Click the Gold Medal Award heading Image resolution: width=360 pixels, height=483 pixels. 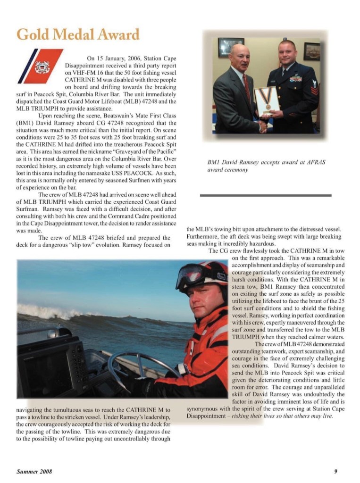click(78, 34)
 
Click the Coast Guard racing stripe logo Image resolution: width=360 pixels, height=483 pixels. click(40, 66)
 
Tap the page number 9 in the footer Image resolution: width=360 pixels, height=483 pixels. click(335, 471)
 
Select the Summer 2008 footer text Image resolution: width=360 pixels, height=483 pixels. click(34, 471)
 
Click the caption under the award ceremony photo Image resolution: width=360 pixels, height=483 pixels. click(267, 166)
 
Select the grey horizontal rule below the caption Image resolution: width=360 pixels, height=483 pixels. click(266, 195)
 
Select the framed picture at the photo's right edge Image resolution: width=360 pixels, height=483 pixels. click(311, 51)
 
